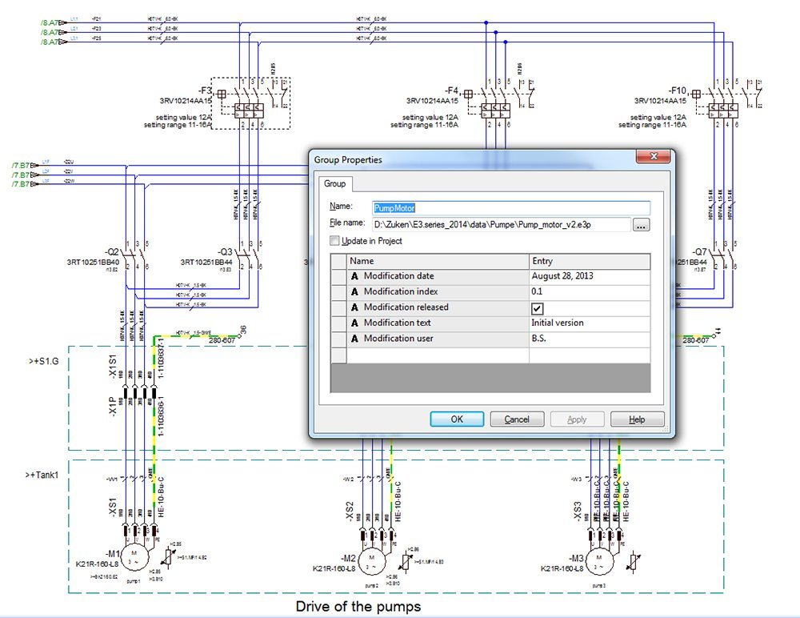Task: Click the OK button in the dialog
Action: click(x=457, y=419)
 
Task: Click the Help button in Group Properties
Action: click(x=637, y=419)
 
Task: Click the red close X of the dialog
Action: click(x=652, y=157)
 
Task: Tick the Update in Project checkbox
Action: click(x=334, y=241)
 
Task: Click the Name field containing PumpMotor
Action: click(x=510, y=207)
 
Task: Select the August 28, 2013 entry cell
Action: click(x=589, y=276)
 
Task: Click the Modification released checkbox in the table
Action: click(x=538, y=308)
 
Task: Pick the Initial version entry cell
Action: click(x=589, y=323)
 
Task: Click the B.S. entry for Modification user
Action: click(x=589, y=339)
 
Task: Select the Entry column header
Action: click(x=589, y=261)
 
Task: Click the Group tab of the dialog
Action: click(x=334, y=184)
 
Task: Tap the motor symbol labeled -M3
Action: click(x=596, y=558)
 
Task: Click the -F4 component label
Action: click(x=453, y=90)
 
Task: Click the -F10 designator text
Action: click(x=678, y=90)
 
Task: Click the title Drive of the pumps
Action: click(x=358, y=606)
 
